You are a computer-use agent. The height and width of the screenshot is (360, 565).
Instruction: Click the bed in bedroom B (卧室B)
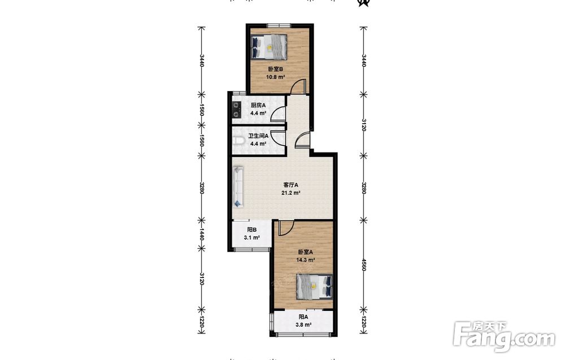269,47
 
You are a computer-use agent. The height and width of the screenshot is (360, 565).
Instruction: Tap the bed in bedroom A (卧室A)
314,287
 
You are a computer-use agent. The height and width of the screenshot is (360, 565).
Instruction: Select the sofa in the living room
238,186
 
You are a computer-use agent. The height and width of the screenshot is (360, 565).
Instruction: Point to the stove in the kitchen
236,110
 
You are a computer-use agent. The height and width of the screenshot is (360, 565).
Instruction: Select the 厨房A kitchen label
258,106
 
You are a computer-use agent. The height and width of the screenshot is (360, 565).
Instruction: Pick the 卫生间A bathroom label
258,136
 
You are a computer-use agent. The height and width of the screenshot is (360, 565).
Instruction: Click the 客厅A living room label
291,185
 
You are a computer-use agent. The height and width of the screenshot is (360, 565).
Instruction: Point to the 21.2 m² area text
291,193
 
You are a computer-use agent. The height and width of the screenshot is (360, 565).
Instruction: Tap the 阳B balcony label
252,230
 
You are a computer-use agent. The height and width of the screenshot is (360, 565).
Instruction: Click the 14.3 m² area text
306,260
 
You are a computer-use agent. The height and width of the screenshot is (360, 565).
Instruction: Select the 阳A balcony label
303,317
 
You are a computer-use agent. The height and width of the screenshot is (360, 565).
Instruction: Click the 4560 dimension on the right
364,265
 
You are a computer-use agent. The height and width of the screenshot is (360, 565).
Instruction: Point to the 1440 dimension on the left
202,234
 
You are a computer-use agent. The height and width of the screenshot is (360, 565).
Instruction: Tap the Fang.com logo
504,336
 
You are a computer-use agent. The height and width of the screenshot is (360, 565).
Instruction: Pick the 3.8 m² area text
303,325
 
